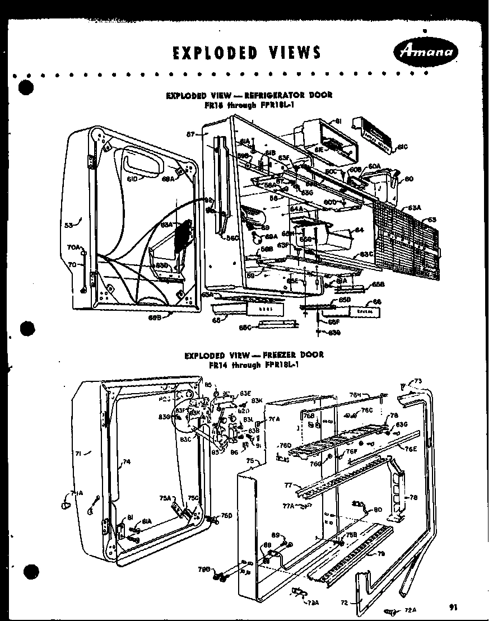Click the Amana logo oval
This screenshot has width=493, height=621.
coord(426,53)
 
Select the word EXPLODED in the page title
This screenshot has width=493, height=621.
coord(212,53)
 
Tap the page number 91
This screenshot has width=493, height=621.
coord(453,606)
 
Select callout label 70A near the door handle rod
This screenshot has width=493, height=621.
coord(73,247)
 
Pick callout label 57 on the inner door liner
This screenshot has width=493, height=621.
coord(190,134)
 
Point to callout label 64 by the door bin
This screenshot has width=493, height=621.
coord(359,230)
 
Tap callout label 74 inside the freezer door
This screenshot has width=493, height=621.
coord(127,463)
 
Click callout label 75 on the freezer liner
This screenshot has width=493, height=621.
coord(250,460)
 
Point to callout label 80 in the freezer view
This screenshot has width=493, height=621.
coord(378,510)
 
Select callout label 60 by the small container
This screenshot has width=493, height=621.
coord(408,180)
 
